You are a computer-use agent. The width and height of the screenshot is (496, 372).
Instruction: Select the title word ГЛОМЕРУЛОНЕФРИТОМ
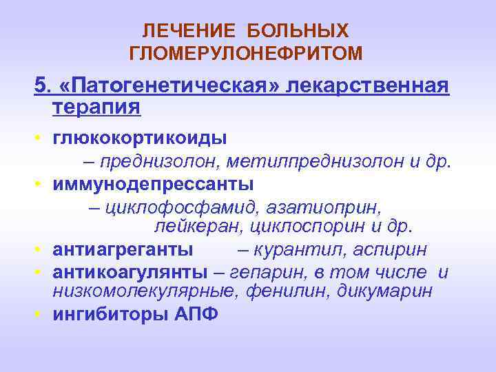coord(245,52)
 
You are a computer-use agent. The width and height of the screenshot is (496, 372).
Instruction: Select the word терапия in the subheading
coord(96,107)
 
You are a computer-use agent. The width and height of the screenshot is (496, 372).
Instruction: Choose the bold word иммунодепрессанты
coord(153,185)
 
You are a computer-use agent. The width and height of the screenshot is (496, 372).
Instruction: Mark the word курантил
coord(300,249)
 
